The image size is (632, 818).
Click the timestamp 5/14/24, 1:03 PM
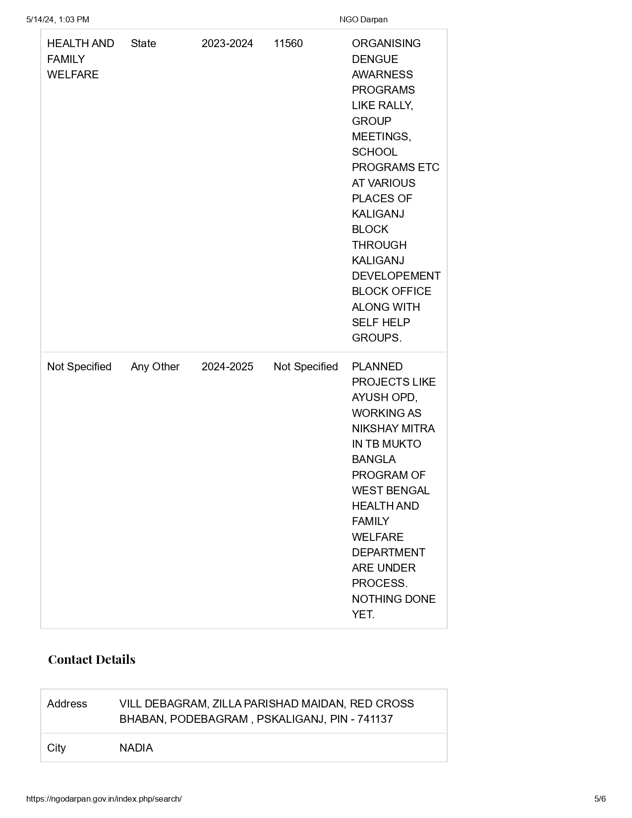coord(57,19)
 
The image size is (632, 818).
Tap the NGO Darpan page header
coord(363,19)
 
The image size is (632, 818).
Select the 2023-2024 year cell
coord(227,44)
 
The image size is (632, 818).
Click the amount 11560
coord(288,44)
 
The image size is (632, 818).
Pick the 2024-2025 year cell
coord(227,367)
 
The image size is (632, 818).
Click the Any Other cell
coord(155,367)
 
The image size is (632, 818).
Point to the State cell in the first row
coord(143,44)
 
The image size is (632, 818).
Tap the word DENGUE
coord(375,59)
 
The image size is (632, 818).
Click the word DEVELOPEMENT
coord(396,276)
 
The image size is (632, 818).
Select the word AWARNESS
coord(382,74)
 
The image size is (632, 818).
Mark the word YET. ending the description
coord(363,614)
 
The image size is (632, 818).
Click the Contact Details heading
coord(92,659)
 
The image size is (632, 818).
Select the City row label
coord(56,748)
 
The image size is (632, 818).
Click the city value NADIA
coord(136,748)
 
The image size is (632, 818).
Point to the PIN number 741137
coord(375,719)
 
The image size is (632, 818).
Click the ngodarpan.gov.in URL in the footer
coord(104,799)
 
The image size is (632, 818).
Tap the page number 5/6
coord(600,799)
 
